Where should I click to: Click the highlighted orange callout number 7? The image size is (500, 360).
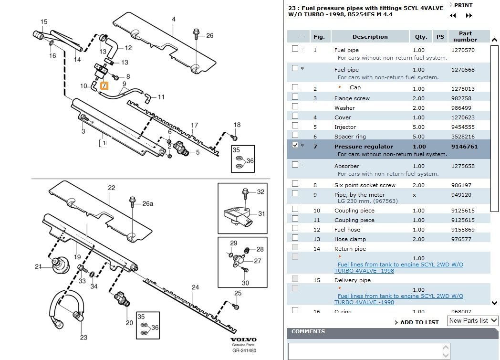[x=105, y=86]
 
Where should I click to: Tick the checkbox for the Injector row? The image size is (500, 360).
[x=295, y=126]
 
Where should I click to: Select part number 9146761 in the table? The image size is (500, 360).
[x=464, y=147]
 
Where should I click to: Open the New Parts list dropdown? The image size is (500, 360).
[x=472, y=321]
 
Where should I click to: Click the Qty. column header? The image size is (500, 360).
[x=421, y=37]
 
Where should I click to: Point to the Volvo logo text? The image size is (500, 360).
[x=244, y=339]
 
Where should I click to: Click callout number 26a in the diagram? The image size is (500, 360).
[x=148, y=203]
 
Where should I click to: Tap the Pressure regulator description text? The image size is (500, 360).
[x=364, y=147]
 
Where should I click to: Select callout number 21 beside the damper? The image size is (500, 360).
[x=39, y=266]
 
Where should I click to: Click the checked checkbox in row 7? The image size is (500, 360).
[x=295, y=145]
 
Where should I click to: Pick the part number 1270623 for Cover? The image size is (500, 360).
[x=463, y=117]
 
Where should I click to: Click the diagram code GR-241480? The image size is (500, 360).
[x=244, y=350]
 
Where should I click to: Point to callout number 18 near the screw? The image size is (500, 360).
[x=237, y=125]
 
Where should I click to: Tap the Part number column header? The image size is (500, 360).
[x=465, y=37]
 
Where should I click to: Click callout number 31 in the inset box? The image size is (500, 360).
[x=261, y=213]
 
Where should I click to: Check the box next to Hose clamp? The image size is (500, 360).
[x=295, y=238]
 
